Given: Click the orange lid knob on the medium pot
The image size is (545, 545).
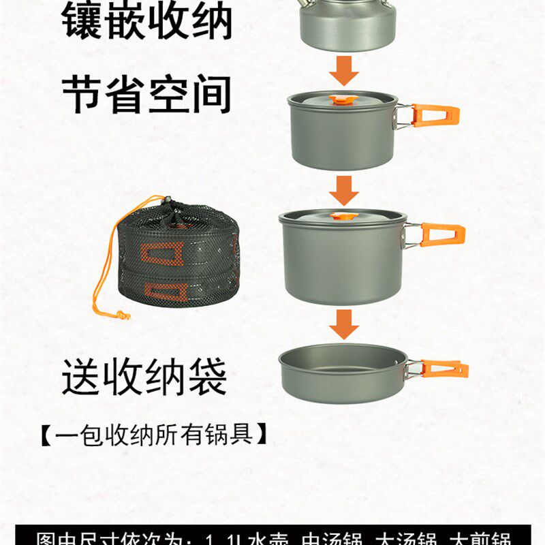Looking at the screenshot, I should pyautogui.click(x=337, y=100).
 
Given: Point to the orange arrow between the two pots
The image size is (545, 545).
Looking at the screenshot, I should pyautogui.click(x=344, y=189).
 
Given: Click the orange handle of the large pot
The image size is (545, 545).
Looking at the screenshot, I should pyautogui.click(x=442, y=235).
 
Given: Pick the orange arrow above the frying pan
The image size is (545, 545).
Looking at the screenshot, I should pyautogui.click(x=344, y=324).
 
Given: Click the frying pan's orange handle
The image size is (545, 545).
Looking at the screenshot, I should pyautogui.click(x=443, y=369).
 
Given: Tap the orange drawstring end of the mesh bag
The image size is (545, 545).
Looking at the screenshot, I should pyautogui.click(x=122, y=315).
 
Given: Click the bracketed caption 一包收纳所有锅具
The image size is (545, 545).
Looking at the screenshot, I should pyautogui.click(x=153, y=434).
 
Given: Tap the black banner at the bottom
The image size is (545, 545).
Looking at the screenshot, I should pyautogui.click(x=272, y=535).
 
